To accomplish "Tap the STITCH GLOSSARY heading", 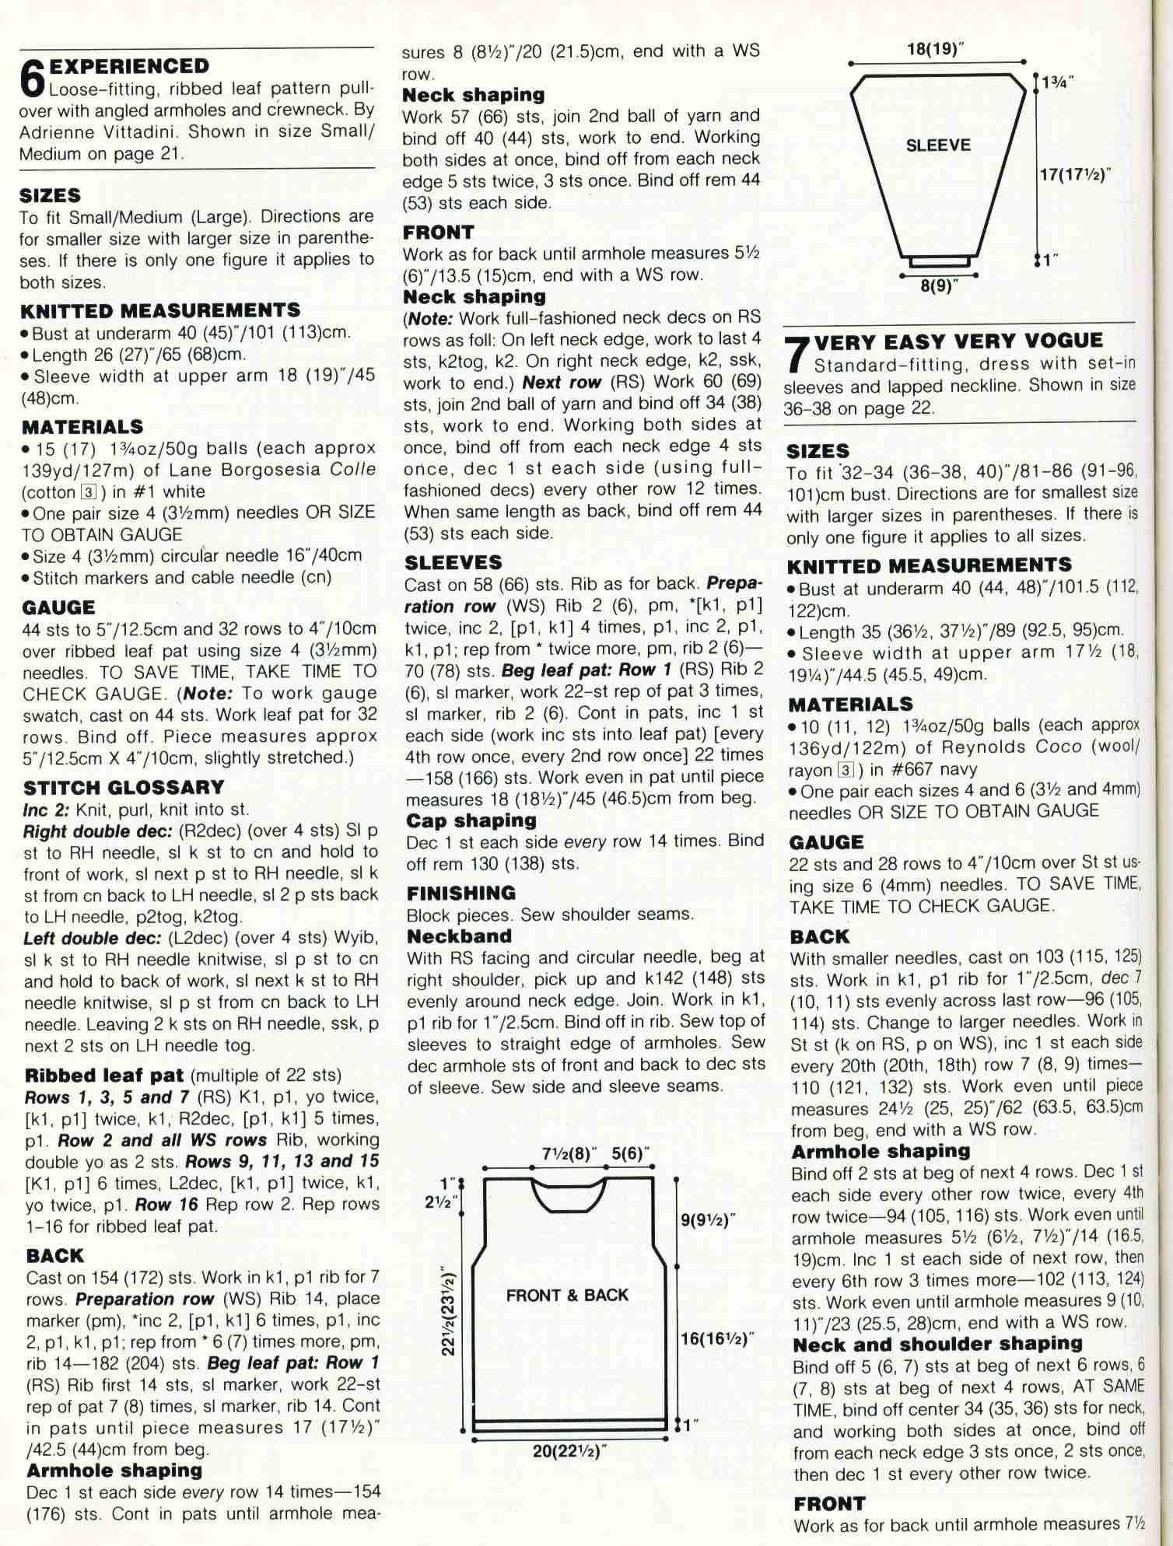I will point(124,788).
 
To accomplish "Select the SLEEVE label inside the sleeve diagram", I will point(938,145).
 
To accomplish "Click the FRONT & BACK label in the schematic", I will point(567,1295).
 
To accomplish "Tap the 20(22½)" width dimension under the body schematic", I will point(569,1450).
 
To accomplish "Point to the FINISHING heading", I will point(460,893).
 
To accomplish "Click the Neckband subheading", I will point(459,936).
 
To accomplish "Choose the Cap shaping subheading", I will point(471,820).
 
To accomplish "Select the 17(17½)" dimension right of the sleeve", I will point(1073,174).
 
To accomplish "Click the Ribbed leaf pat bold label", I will point(104,1076).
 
